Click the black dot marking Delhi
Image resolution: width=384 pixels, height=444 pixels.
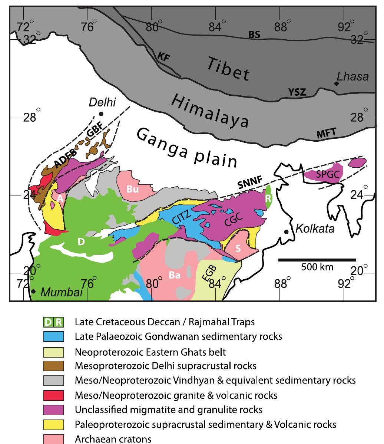tap(101, 114)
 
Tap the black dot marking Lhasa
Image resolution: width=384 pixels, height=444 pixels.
tap(336, 83)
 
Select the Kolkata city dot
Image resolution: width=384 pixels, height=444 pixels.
tap(286, 232)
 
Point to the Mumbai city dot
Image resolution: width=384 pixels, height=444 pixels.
tap(33, 292)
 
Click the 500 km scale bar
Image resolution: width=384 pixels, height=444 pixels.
tap(317, 260)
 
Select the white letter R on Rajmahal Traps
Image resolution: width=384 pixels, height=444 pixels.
tap(269, 198)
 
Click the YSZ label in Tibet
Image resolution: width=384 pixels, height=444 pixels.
tap(297, 92)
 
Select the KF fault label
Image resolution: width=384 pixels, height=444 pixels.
tap(163, 56)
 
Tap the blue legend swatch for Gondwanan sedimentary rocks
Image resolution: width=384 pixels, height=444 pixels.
tap(54, 337)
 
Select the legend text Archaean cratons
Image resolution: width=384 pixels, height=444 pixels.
tap(113, 439)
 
